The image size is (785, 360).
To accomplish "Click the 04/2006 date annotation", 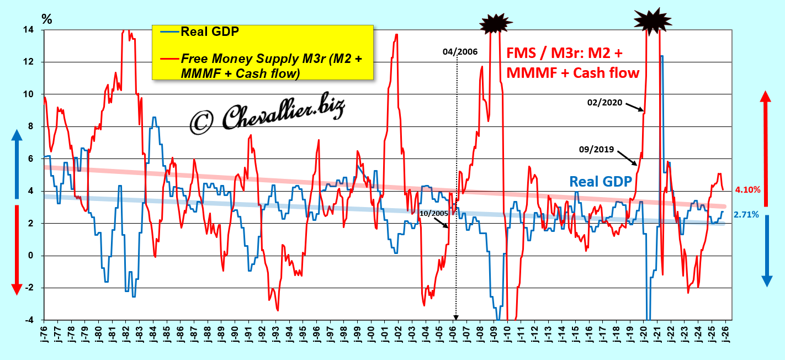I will point(460,52).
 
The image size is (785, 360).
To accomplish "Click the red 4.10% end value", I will point(748,190).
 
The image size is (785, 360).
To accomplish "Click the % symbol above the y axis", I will point(47,19).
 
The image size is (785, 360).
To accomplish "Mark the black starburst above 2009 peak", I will point(497,24).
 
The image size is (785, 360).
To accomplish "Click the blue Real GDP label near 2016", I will point(600,182).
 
